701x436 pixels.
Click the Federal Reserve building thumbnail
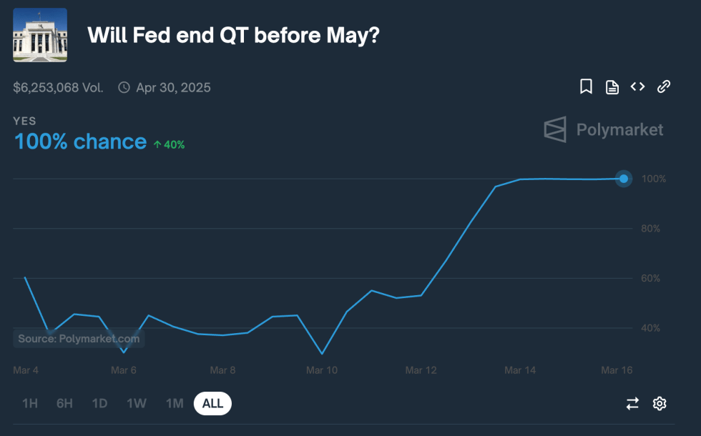(x=40, y=35)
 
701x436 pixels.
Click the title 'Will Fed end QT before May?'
(x=233, y=35)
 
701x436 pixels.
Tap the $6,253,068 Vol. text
(x=58, y=88)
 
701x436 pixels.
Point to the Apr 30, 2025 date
(x=173, y=88)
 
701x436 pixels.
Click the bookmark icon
(x=586, y=87)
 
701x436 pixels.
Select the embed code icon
(x=637, y=87)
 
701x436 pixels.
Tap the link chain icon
(x=664, y=87)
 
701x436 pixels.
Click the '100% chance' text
(x=80, y=142)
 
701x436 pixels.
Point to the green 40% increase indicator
(x=169, y=144)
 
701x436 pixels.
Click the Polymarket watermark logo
(x=604, y=129)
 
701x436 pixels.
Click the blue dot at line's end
(x=624, y=179)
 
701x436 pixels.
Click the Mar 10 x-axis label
(x=321, y=370)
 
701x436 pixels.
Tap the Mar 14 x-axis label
(x=519, y=370)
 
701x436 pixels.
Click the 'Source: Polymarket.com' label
(x=79, y=339)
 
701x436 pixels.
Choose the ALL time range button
(x=212, y=404)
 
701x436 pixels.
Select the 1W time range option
(x=137, y=404)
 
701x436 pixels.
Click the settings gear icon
(x=660, y=404)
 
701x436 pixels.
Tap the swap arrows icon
(x=632, y=404)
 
